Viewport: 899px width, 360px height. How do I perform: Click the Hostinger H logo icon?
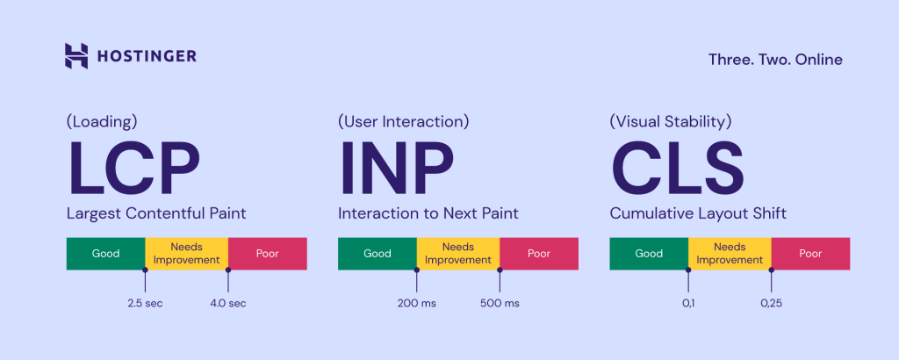click(x=76, y=56)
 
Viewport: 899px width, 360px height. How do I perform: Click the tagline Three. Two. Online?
click(x=775, y=60)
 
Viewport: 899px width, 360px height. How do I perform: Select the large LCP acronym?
click(x=134, y=169)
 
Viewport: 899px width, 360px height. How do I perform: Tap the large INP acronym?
click(x=396, y=169)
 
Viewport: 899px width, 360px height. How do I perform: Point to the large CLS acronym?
click(x=677, y=169)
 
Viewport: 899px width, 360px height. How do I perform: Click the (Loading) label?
click(x=102, y=121)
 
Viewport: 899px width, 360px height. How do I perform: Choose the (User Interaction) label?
click(x=404, y=121)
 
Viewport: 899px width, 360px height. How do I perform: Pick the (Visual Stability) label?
click(x=671, y=121)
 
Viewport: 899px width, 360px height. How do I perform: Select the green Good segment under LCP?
click(x=105, y=254)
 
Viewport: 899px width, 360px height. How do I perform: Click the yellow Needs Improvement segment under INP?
click(x=457, y=254)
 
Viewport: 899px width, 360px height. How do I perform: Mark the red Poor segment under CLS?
click(x=810, y=254)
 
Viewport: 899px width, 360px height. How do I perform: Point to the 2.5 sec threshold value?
click(x=145, y=303)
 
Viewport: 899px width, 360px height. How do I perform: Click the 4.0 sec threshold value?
click(x=227, y=303)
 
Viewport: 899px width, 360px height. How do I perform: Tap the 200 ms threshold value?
click(x=416, y=303)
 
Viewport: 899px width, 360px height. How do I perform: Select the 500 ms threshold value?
click(x=500, y=303)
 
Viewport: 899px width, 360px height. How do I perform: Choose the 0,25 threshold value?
click(x=772, y=303)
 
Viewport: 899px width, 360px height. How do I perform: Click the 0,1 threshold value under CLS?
click(x=688, y=303)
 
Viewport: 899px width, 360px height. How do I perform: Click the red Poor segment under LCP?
click(x=267, y=254)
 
